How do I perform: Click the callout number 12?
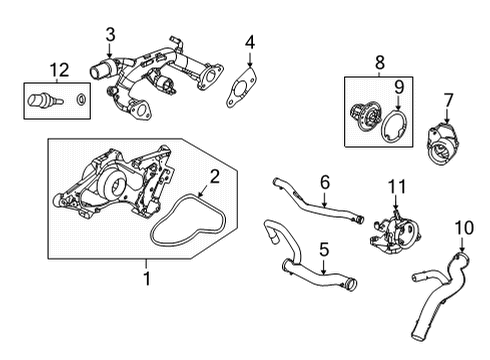tap(59, 70)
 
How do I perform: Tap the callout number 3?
tap(110, 35)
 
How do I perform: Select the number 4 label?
tap(250, 42)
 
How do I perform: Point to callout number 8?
tap(380, 62)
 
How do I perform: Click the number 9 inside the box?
tap(399, 87)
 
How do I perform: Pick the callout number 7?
tap(448, 100)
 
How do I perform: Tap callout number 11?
tap(397, 187)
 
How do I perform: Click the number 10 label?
tap(464, 228)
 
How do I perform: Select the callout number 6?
tap(325, 182)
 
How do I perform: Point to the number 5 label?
tap(324, 250)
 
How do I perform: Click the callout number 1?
tap(147, 279)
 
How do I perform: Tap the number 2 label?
tap(215, 177)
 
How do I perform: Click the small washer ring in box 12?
tap(81, 99)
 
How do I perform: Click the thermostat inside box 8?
tap(364, 116)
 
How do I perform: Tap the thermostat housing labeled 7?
tap(442, 144)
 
